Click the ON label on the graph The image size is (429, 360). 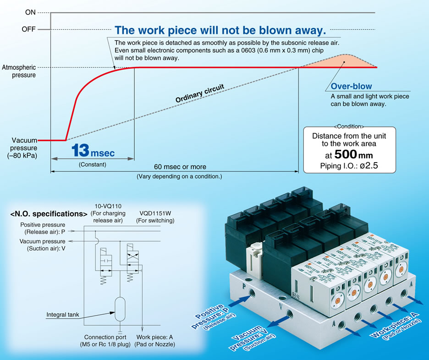click(x=30, y=12)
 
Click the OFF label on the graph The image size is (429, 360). click(x=28, y=29)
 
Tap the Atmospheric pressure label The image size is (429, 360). click(x=19, y=71)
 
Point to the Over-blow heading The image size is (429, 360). click(x=352, y=86)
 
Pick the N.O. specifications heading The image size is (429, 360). click(x=49, y=214)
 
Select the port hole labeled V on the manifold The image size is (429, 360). click(x=290, y=315)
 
